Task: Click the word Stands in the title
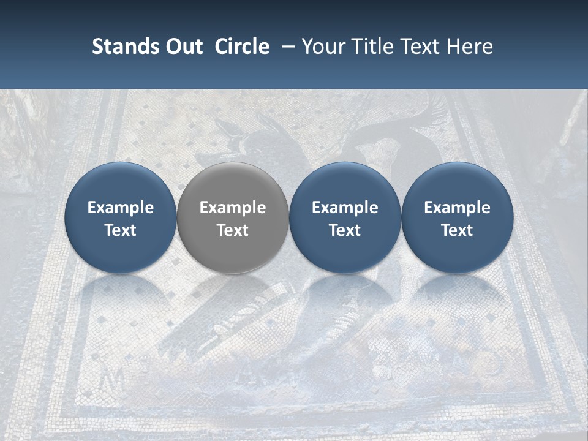pyautogui.click(x=119, y=47)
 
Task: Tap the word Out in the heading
pyautogui.click(x=183, y=47)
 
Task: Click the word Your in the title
pyautogui.click(x=323, y=47)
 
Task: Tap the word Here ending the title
pyautogui.click(x=469, y=47)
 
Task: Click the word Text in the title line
pyautogui.click(x=423, y=47)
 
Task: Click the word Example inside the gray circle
pyautogui.click(x=233, y=208)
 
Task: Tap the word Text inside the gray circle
pyautogui.click(x=233, y=230)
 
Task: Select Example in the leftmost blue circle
pyautogui.click(x=121, y=208)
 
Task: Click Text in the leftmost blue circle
pyautogui.click(x=121, y=230)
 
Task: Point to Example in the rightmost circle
pyautogui.click(x=457, y=208)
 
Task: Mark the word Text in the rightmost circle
pyautogui.click(x=457, y=230)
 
